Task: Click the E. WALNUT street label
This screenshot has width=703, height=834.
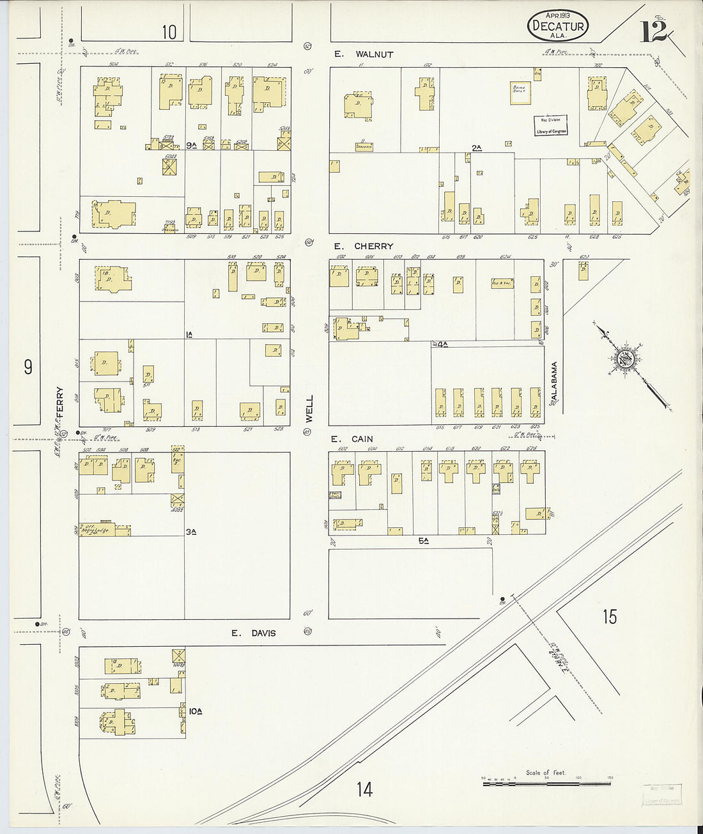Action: [x=364, y=54]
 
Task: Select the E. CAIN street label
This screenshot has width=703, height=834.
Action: [x=351, y=439]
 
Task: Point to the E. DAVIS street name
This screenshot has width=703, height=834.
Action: [x=254, y=633]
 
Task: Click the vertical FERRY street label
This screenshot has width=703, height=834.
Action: [x=60, y=403]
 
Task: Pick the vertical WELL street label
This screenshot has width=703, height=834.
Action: [x=310, y=408]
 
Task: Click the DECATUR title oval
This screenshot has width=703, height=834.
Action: [x=557, y=26]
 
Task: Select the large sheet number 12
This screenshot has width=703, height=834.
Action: [x=654, y=31]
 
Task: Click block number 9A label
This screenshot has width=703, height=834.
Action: [x=191, y=146]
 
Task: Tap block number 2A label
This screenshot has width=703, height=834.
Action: [x=476, y=148]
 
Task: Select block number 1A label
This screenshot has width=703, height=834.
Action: [x=189, y=334]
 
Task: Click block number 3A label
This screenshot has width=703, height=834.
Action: [x=190, y=531]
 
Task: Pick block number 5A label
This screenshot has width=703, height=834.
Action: [x=423, y=541]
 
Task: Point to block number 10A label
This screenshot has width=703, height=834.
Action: [x=196, y=710]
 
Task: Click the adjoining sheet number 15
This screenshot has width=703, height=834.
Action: [x=610, y=617]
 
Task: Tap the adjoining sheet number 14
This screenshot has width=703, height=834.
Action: [x=364, y=789]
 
